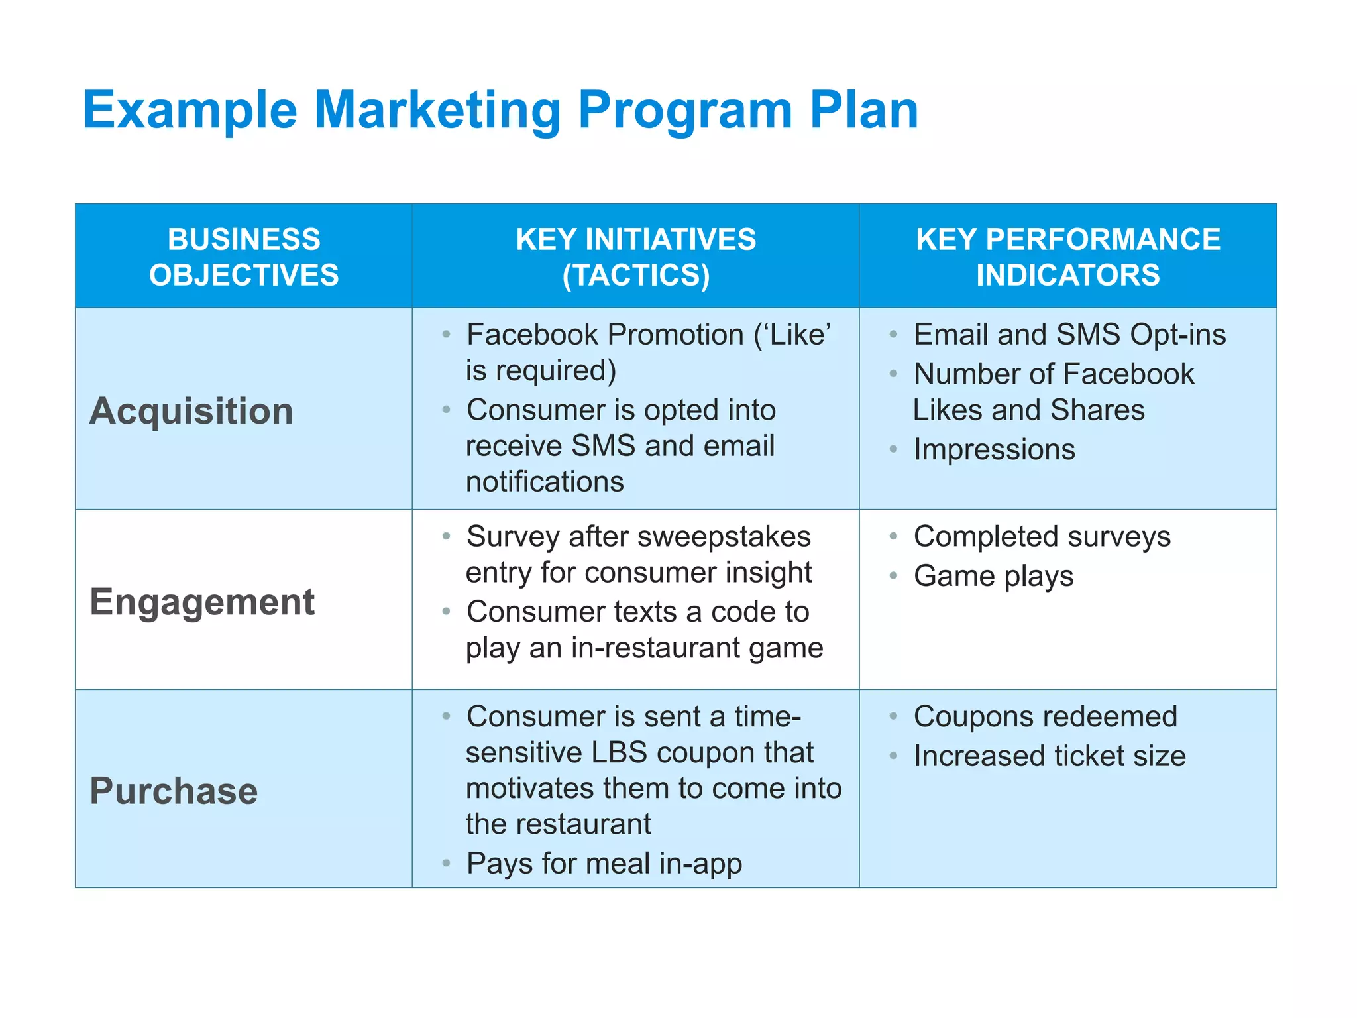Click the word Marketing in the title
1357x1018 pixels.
pyautogui.click(x=437, y=110)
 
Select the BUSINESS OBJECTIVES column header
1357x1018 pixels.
pyautogui.click(x=244, y=256)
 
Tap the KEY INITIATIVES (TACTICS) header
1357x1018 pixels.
pyautogui.click(x=635, y=256)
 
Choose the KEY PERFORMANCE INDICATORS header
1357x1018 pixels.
pyautogui.click(x=1067, y=256)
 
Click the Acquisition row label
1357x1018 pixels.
pyautogui.click(x=191, y=411)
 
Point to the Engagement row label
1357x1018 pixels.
pyautogui.click(x=202, y=602)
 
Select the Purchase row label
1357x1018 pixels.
pyautogui.click(x=174, y=791)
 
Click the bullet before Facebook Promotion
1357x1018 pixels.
pyautogui.click(x=447, y=335)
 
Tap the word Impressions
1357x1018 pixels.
pyautogui.click(x=994, y=449)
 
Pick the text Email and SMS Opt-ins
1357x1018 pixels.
pyautogui.click(x=1069, y=335)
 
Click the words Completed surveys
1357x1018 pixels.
pyautogui.click(x=1042, y=536)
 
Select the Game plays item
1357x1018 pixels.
pyautogui.click(x=993, y=576)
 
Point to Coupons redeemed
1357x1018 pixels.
pyautogui.click(x=1045, y=716)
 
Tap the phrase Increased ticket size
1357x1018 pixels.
pyautogui.click(x=1050, y=756)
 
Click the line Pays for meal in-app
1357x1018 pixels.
pyautogui.click(x=604, y=864)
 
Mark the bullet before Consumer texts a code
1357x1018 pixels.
pyautogui.click(x=447, y=612)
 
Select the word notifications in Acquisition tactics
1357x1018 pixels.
pyautogui.click(x=545, y=482)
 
